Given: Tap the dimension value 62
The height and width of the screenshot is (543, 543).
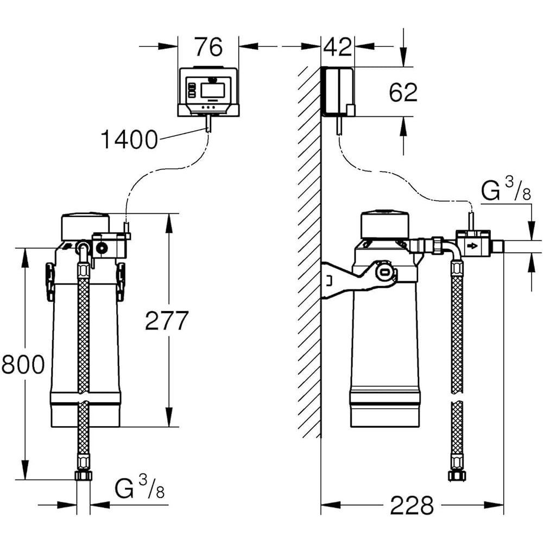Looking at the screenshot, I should tap(403, 93).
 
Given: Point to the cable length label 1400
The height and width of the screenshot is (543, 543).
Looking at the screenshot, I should tap(129, 140).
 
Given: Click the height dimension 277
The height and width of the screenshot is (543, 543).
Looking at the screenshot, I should tap(166, 321).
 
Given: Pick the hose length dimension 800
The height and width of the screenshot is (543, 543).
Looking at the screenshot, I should tap(23, 364).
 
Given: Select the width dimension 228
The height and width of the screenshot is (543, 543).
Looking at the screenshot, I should tap(412, 505).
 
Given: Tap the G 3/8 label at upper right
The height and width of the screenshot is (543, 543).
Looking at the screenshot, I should tap(506, 192).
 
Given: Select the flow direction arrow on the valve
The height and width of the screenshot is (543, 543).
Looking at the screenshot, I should tap(473, 247).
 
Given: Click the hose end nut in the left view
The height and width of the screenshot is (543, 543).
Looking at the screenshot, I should tap(83, 476).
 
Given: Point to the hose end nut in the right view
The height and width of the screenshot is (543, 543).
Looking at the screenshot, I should tap(457, 476).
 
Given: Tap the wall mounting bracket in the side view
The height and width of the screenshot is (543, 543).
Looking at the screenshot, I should tap(348, 277).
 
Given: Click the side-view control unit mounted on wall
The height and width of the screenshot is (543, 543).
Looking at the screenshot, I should tap(338, 91).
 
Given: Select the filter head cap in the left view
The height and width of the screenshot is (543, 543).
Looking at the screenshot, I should tap(85, 226).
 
